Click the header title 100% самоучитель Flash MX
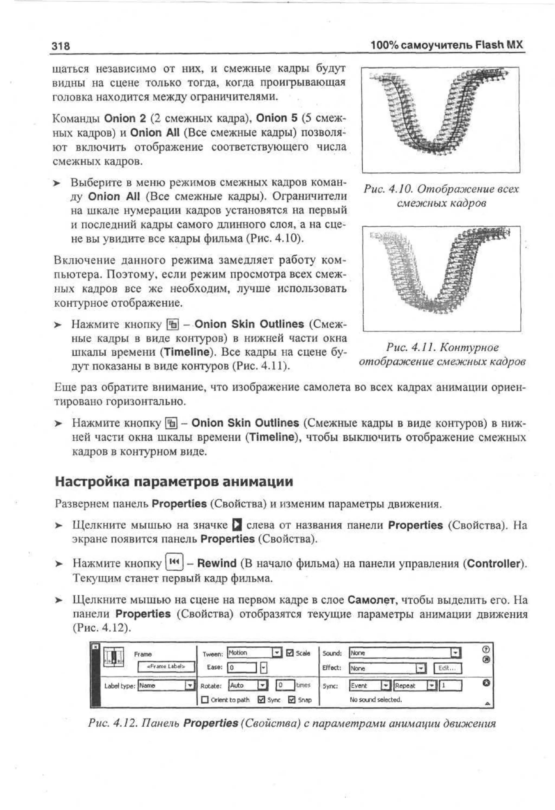(x=447, y=45)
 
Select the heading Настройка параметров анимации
(x=174, y=482)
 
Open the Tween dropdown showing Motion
(x=254, y=653)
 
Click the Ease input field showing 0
(x=242, y=668)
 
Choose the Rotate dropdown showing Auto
(x=248, y=686)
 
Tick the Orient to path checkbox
(x=205, y=699)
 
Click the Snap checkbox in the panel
(x=292, y=699)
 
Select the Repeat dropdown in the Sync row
(x=415, y=686)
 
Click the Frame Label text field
(x=166, y=666)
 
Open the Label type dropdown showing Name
(x=166, y=686)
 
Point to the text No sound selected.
(x=376, y=699)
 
